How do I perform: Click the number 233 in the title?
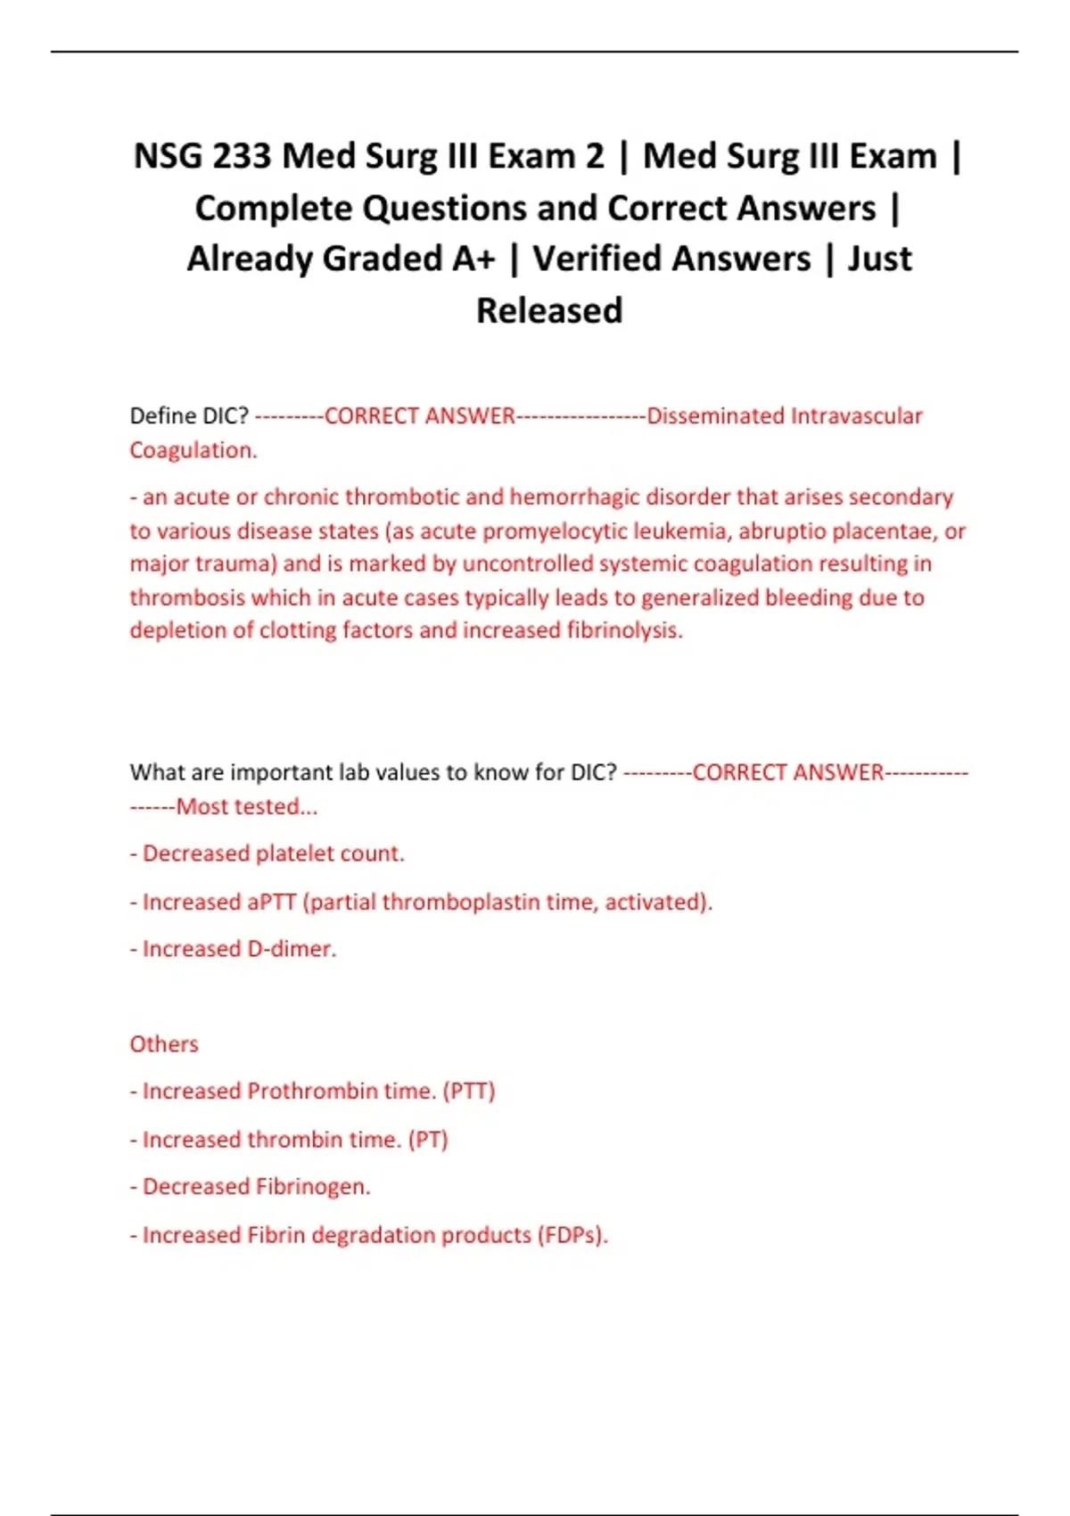click(241, 157)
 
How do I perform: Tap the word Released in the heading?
click(549, 311)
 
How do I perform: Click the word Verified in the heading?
click(606, 260)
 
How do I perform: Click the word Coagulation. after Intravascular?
click(193, 450)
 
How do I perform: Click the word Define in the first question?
click(162, 416)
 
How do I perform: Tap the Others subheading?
click(164, 1044)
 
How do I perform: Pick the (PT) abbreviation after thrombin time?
click(428, 1140)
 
